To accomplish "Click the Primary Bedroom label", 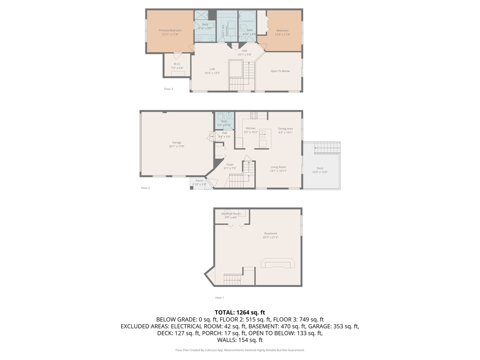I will pos(170,30).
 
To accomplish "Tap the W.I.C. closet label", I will pos(177,64).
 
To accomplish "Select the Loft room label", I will pos(212,69).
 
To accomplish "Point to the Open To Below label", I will pos(280,71).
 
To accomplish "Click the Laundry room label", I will pos(227,30).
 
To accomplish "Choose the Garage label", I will pos(177,142).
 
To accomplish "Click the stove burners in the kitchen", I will pos(254,115).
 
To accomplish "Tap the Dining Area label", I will pos(285,129).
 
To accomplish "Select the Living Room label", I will pos(278,167).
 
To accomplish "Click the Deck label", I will pos(320,168).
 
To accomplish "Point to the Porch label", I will pos(199,181).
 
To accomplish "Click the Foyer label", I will pos(230,165).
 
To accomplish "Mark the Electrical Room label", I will pos(231,214).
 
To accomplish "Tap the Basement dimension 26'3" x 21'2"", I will pos(271,237).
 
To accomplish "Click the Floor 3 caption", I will pos(168,89).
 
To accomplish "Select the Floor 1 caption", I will pos(220,298).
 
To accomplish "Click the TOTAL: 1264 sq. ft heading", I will pos(240,312).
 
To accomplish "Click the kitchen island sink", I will pos(263,134).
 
